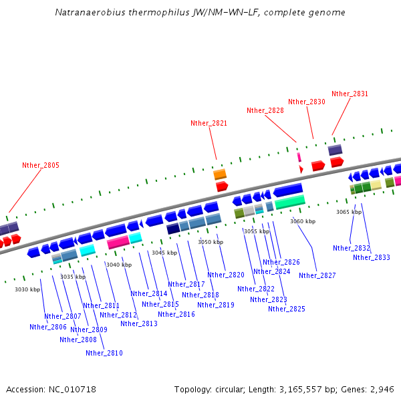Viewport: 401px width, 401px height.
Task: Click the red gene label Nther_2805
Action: [41, 165]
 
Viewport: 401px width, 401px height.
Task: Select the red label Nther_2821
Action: [209, 123]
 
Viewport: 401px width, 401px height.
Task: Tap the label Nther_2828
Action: [265, 110]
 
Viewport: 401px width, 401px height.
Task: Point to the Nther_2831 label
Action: [350, 94]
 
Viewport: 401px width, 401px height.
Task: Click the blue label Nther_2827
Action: [317, 275]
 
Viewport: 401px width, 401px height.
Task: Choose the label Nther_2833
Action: [372, 257]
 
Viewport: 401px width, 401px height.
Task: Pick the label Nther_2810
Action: [104, 353]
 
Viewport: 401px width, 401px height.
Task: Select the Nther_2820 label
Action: [226, 275]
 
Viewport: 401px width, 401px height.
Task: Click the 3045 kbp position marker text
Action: [164, 253]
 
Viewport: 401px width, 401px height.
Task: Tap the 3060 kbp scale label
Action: [302, 221]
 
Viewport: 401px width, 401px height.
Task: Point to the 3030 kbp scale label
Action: [27, 289]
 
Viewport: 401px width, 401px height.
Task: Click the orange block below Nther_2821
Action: [220, 174]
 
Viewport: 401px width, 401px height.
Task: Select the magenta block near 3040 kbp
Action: [118, 242]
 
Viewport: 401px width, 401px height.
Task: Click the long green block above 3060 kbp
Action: [290, 201]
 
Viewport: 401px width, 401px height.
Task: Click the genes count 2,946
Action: [382, 389]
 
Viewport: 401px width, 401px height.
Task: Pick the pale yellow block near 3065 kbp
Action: [376, 184]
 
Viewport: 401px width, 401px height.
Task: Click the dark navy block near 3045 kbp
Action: [172, 229]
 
